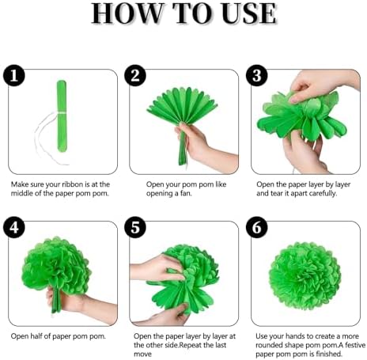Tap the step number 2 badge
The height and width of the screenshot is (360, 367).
point(137,75)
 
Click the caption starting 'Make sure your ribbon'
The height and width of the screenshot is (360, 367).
point(59,188)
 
